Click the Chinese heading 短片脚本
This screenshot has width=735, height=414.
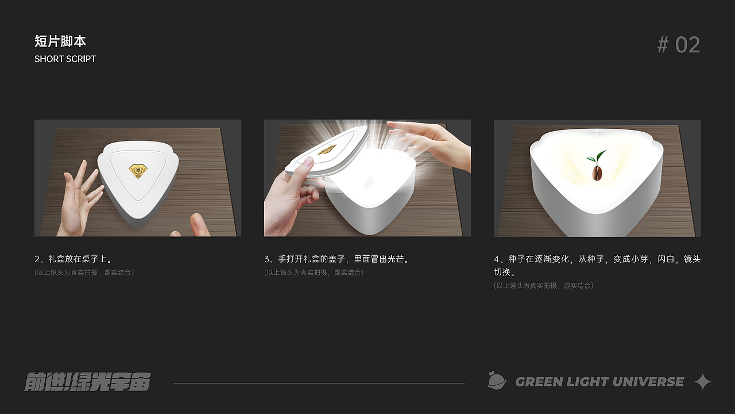[x=60, y=41]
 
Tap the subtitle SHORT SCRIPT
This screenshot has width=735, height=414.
[x=65, y=59]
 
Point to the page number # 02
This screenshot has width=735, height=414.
[x=679, y=45]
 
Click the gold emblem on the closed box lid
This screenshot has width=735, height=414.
[x=138, y=171]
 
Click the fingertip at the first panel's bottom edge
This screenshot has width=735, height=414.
[x=199, y=225]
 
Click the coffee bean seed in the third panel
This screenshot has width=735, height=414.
[x=597, y=173]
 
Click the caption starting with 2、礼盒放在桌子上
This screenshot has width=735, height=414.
[x=74, y=259]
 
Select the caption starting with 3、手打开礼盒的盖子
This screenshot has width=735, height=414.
[x=337, y=259]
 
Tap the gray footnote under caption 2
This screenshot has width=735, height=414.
[x=84, y=273]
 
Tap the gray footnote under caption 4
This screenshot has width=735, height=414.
[x=544, y=286]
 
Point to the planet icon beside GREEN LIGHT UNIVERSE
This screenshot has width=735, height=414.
[x=497, y=381]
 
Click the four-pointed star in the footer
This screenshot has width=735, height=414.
[x=703, y=382]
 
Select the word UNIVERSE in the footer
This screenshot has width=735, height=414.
[x=648, y=382]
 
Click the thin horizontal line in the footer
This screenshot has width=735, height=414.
[x=319, y=383]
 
